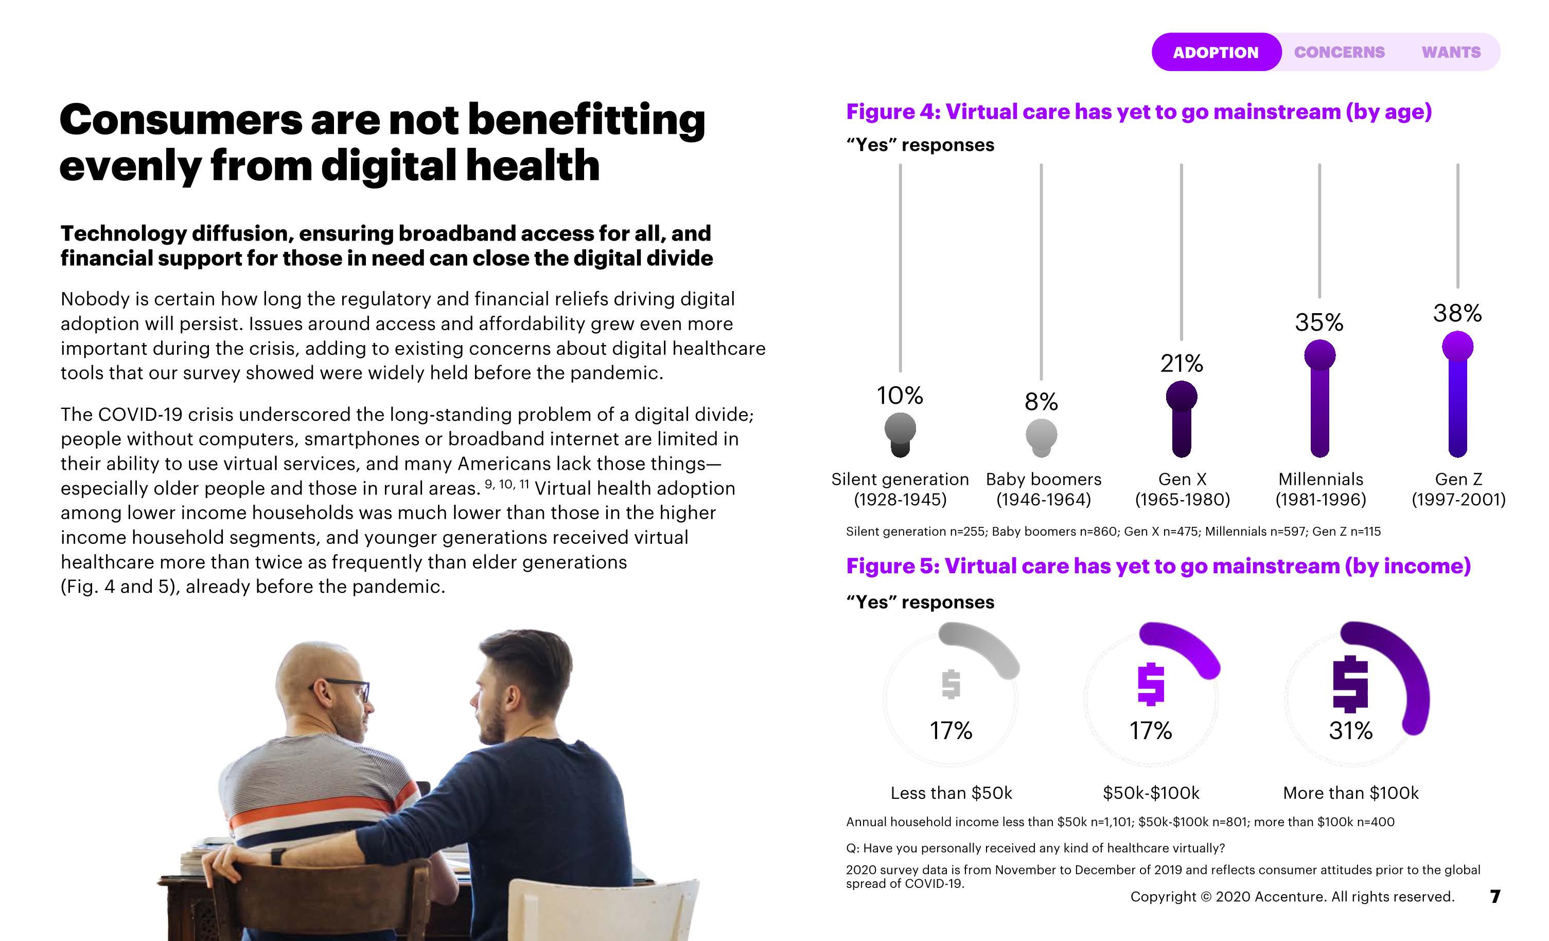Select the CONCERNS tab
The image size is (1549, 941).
click(x=1339, y=52)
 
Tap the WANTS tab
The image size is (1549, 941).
click(x=1451, y=52)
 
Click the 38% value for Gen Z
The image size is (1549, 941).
click(x=1457, y=313)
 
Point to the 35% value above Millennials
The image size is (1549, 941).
click(x=1319, y=323)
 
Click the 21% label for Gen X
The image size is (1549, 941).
click(x=1181, y=364)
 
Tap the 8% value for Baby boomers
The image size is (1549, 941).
click(x=1041, y=402)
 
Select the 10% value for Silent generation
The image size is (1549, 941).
click(x=900, y=396)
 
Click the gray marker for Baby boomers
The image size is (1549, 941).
click(x=1041, y=435)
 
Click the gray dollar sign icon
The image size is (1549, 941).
click(x=950, y=685)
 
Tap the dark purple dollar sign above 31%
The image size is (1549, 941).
click(x=1350, y=684)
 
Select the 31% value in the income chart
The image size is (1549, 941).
click(x=1350, y=731)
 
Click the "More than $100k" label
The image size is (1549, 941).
click(x=1350, y=793)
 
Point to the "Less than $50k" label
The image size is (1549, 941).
click(x=951, y=793)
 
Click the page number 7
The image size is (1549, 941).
click(x=1495, y=896)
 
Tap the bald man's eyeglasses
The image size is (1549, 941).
click(x=349, y=688)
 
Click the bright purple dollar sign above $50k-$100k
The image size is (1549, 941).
click(x=1151, y=685)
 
